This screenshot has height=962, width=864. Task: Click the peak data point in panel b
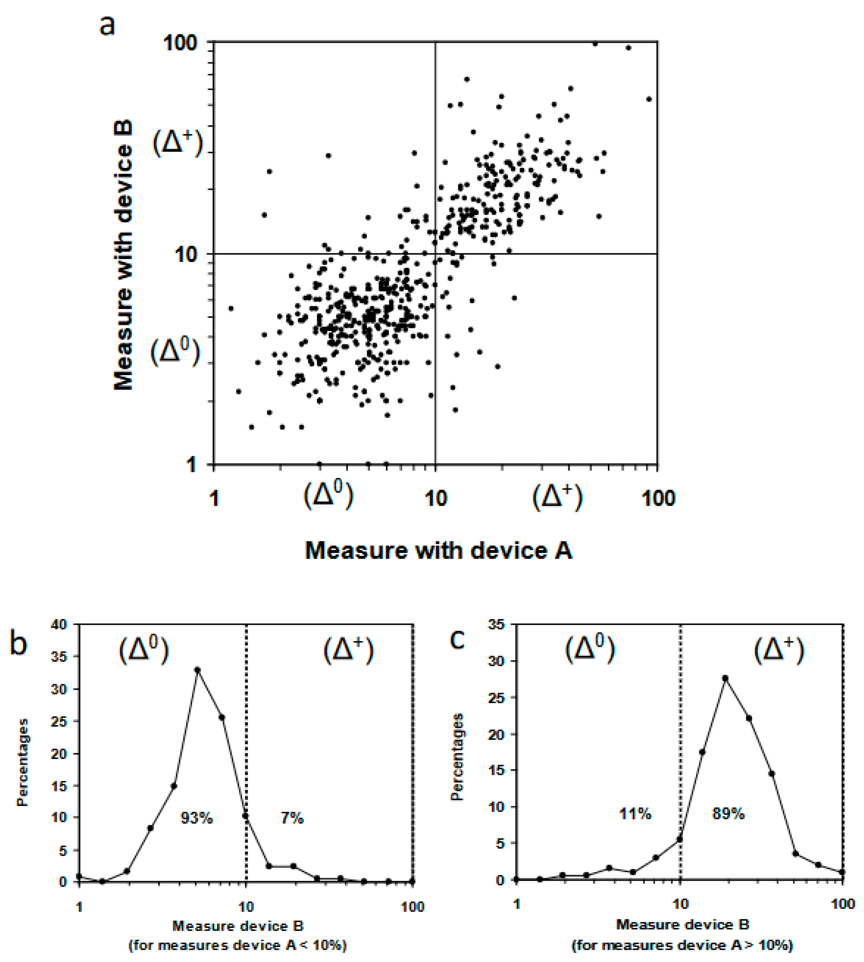(197, 670)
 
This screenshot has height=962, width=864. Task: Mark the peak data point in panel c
(725, 678)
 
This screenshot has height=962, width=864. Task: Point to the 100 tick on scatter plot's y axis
(180, 44)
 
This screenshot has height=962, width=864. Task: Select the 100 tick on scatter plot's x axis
(658, 498)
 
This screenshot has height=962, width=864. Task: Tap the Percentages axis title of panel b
(22, 763)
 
